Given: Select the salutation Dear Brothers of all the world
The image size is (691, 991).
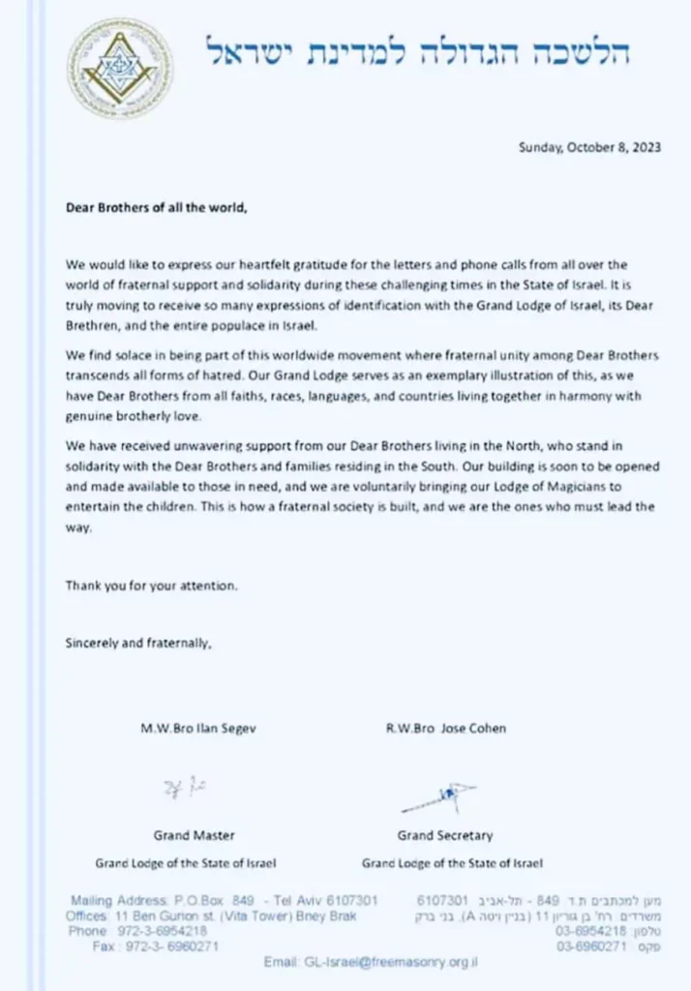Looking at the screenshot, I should click(x=156, y=207).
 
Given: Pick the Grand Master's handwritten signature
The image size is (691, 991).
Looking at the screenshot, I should click(x=185, y=786).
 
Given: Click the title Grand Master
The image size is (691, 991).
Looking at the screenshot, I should click(x=194, y=835).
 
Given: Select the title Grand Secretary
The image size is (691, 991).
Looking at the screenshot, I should click(x=444, y=835).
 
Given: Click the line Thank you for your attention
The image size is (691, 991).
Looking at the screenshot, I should click(x=151, y=586).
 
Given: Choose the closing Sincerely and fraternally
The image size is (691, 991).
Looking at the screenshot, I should click(x=137, y=642).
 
